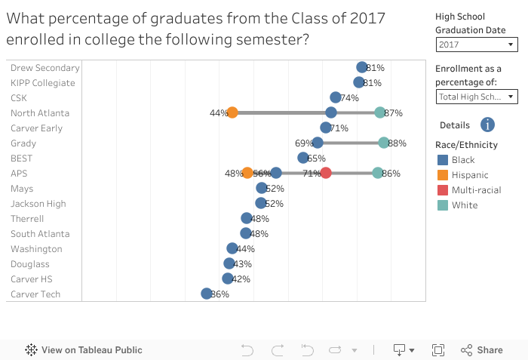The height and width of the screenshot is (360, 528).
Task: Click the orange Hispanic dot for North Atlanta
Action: click(232, 112)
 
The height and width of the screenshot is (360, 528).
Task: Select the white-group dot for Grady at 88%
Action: click(384, 143)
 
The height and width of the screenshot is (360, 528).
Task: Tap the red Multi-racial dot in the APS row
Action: click(326, 173)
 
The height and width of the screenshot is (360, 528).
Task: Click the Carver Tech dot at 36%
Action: click(207, 294)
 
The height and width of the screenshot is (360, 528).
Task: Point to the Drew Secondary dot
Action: click(362, 67)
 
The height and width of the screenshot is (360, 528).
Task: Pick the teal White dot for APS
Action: click(378, 173)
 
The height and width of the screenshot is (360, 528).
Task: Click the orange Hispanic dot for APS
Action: click(247, 173)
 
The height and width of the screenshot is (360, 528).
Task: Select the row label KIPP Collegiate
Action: click(43, 82)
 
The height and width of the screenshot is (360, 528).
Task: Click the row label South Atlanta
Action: click(40, 233)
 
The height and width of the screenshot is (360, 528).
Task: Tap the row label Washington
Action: click(36, 248)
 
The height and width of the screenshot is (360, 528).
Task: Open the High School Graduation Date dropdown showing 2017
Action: click(477, 45)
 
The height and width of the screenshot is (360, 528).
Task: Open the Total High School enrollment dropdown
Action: click(477, 96)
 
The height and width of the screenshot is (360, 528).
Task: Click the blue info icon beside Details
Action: click(487, 125)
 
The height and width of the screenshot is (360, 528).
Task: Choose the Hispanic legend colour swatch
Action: click(442, 175)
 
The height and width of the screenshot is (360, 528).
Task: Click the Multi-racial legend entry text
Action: click(476, 190)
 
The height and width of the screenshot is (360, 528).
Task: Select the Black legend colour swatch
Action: click(442, 160)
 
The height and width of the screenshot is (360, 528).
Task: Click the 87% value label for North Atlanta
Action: click(393, 113)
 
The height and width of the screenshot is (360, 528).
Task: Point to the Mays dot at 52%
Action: click(262, 188)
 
